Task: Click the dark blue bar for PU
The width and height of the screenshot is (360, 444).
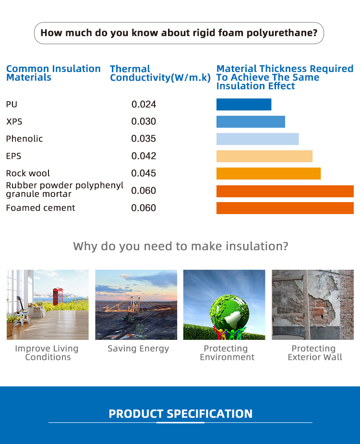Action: click(x=244, y=105)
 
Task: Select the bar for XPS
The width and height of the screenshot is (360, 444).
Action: click(x=251, y=122)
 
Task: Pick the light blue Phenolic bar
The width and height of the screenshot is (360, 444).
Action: click(x=257, y=139)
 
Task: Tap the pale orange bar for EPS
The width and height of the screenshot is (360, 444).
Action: click(x=264, y=156)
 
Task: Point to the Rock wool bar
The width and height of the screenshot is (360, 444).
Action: click(x=268, y=174)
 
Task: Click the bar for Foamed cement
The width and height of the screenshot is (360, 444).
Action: click(x=285, y=208)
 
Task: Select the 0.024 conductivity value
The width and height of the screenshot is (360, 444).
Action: click(x=144, y=105)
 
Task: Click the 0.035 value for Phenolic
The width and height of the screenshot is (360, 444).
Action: click(x=144, y=139)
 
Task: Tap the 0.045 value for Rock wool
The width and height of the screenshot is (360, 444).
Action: click(x=144, y=173)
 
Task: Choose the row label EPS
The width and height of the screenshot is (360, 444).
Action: click(x=13, y=156)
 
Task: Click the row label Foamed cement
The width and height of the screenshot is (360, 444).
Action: click(x=40, y=208)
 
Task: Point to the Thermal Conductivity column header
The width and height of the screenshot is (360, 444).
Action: click(x=160, y=73)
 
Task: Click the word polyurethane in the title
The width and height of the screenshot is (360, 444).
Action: click(x=282, y=33)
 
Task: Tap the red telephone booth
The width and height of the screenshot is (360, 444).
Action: click(x=58, y=297)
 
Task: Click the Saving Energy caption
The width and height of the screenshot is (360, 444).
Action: click(x=138, y=348)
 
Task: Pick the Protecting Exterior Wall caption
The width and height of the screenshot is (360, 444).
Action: click(x=314, y=353)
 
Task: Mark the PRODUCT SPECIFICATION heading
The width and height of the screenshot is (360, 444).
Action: click(x=180, y=414)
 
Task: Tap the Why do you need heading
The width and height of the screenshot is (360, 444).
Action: click(x=180, y=246)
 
